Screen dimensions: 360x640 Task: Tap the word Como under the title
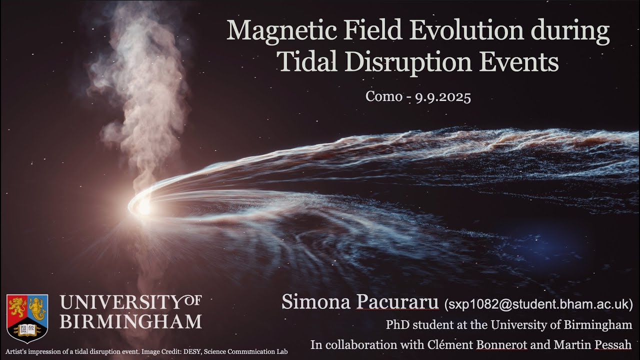383,96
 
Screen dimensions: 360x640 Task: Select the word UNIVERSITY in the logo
119,303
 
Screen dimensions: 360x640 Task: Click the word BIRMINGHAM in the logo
130,321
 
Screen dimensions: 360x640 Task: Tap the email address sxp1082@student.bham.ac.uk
538,303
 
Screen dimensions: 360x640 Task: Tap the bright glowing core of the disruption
143,205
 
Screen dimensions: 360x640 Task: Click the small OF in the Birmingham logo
192,300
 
